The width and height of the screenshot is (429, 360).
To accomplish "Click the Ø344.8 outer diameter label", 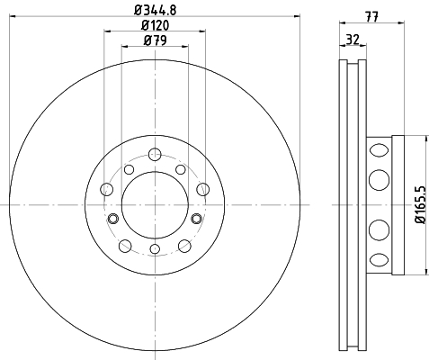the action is point(155,10).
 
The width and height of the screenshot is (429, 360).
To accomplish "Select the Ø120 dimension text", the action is point(155,25).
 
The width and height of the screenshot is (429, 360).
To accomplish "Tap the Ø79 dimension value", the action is point(155,40).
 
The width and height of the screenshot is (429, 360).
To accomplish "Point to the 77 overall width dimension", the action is point(371,16).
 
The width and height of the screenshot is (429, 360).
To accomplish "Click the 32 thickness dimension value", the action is point(353,40).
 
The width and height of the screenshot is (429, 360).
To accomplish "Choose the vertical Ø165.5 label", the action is point(421,204).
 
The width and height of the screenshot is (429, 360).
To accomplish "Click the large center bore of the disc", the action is point(155,205).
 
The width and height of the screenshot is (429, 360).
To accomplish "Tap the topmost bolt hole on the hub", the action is point(155,155).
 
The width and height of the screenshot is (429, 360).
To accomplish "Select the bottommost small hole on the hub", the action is point(155,248).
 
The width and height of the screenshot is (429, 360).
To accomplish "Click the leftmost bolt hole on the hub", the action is point(107,189).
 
